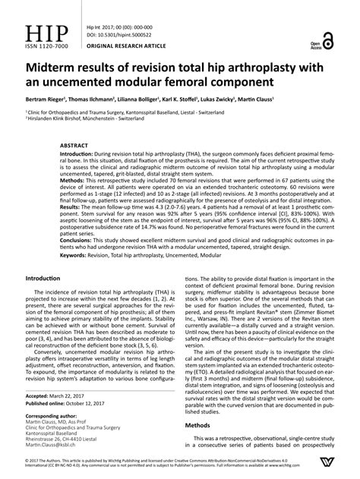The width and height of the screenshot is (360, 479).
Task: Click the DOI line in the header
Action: pos(107,35)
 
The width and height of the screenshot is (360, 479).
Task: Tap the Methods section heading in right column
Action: pos(200,426)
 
